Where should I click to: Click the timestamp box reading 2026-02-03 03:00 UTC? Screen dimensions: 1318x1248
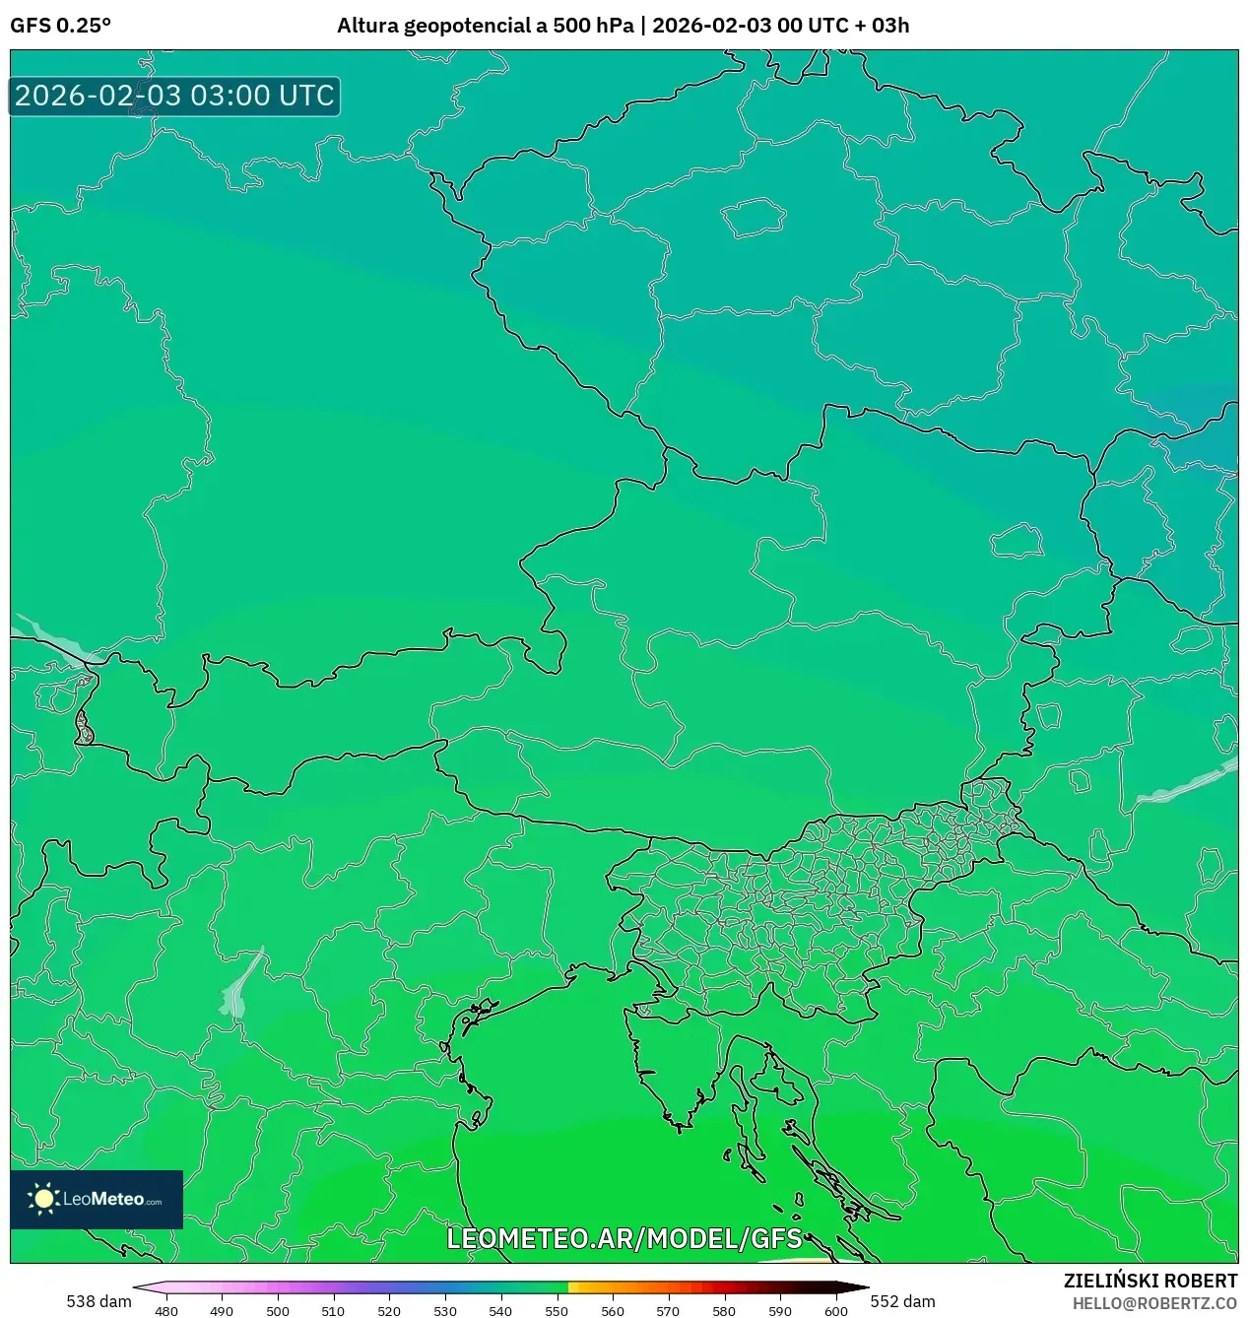174,96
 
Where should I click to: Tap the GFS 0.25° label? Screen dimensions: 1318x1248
60,26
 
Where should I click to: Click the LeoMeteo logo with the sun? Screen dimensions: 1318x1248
97,1199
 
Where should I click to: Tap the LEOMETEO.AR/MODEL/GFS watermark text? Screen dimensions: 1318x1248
624,1238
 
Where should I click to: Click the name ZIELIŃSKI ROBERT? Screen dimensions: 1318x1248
1149,1281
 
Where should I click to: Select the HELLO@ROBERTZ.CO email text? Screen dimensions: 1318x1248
1154,1303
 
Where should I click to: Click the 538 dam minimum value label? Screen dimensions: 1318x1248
99,1301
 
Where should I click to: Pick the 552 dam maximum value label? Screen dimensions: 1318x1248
902,1301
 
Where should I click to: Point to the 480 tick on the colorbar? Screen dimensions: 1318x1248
166,1311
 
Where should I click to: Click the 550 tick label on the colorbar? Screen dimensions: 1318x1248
557,1311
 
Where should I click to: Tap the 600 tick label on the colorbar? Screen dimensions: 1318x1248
835,1311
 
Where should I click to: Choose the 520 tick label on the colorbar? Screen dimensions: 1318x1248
389,1311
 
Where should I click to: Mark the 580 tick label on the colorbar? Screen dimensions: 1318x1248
724,1311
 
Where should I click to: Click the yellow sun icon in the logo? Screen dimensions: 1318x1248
43,1199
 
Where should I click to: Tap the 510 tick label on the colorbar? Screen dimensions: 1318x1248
333,1311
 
